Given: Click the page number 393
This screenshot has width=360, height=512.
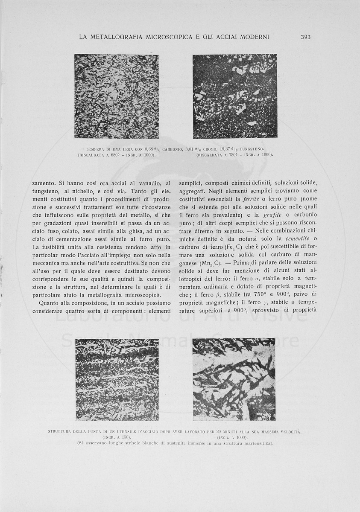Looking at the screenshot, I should pyautogui.click(x=305, y=37).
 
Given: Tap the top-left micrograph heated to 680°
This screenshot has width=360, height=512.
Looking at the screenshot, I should pyautogui.click(x=116, y=96).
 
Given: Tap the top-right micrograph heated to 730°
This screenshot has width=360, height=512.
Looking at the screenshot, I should pyautogui.click(x=234, y=96).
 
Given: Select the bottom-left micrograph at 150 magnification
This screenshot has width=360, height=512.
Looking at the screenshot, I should pyautogui.click(x=117, y=379).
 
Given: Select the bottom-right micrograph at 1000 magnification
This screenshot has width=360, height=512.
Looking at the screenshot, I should pyautogui.click(x=234, y=379).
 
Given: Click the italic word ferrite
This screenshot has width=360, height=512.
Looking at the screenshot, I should pyautogui.click(x=251, y=200).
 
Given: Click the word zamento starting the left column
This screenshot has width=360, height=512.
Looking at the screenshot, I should pyautogui.click(x=44, y=183).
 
